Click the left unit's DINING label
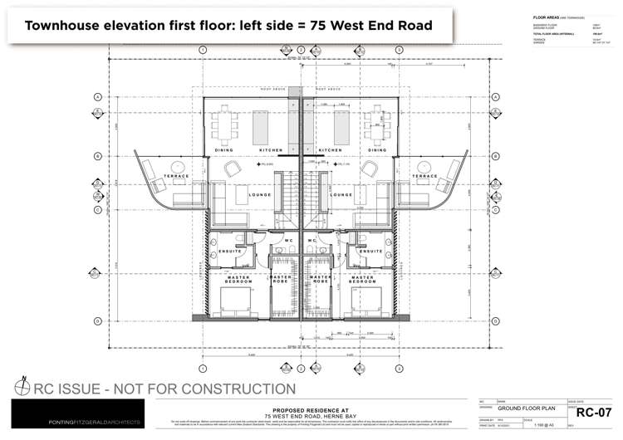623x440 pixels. tap(224, 149)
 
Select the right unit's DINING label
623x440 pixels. tap(377, 149)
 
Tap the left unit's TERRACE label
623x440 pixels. tap(176, 176)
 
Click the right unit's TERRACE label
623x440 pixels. tap(424, 176)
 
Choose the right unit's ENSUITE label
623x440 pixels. tap(370, 251)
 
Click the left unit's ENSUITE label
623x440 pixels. tap(230, 251)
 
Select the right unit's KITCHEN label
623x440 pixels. tap(330, 149)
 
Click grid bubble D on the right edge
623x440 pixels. tap(495, 320)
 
